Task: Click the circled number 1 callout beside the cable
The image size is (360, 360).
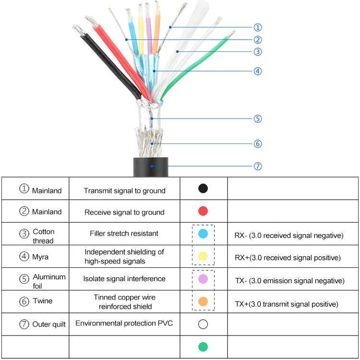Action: (x=258, y=28)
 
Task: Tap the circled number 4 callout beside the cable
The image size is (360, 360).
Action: (x=258, y=71)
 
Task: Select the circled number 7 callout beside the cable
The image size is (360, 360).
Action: (x=258, y=166)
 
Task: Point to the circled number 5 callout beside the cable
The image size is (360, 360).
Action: (x=258, y=119)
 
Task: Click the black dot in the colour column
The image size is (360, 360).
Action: (x=203, y=189)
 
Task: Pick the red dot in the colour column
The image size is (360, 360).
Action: (x=203, y=211)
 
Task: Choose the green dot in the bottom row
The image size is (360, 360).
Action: (x=203, y=347)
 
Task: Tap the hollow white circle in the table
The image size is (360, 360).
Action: (x=203, y=324)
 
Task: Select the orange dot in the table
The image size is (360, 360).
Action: (x=203, y=301)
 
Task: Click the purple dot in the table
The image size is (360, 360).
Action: (x=203, y=279)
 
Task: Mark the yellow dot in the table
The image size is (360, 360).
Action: (x=203, y=256)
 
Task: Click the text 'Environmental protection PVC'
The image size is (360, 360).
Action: (x=124, y=323)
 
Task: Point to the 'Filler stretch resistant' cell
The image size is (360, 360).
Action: (x=124, y=234)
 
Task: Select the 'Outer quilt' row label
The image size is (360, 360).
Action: (x=48, y=324)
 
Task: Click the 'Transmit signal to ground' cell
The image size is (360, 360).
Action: (x=124, y=191)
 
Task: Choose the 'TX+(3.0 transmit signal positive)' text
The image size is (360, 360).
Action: (x=286, y=304)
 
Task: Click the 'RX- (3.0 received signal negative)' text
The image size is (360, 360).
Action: (x=288, y=236)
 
